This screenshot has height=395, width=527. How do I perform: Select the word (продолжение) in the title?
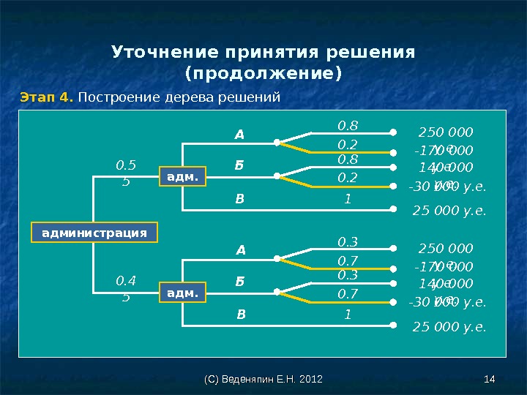[x=263, y=74]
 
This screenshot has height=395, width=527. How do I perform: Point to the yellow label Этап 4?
[x=46, y=97]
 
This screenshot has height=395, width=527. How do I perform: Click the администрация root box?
[x=94, y=233]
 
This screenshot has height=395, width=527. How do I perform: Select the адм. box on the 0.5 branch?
[x=182, y=176]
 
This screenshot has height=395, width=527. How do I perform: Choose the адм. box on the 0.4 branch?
[x=182, y=293]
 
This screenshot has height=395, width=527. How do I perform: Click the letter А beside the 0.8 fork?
[x=239, y=135]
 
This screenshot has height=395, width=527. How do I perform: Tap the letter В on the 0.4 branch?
[x=240, y=316]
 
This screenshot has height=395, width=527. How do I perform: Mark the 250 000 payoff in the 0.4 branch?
[x=446, y=249]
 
